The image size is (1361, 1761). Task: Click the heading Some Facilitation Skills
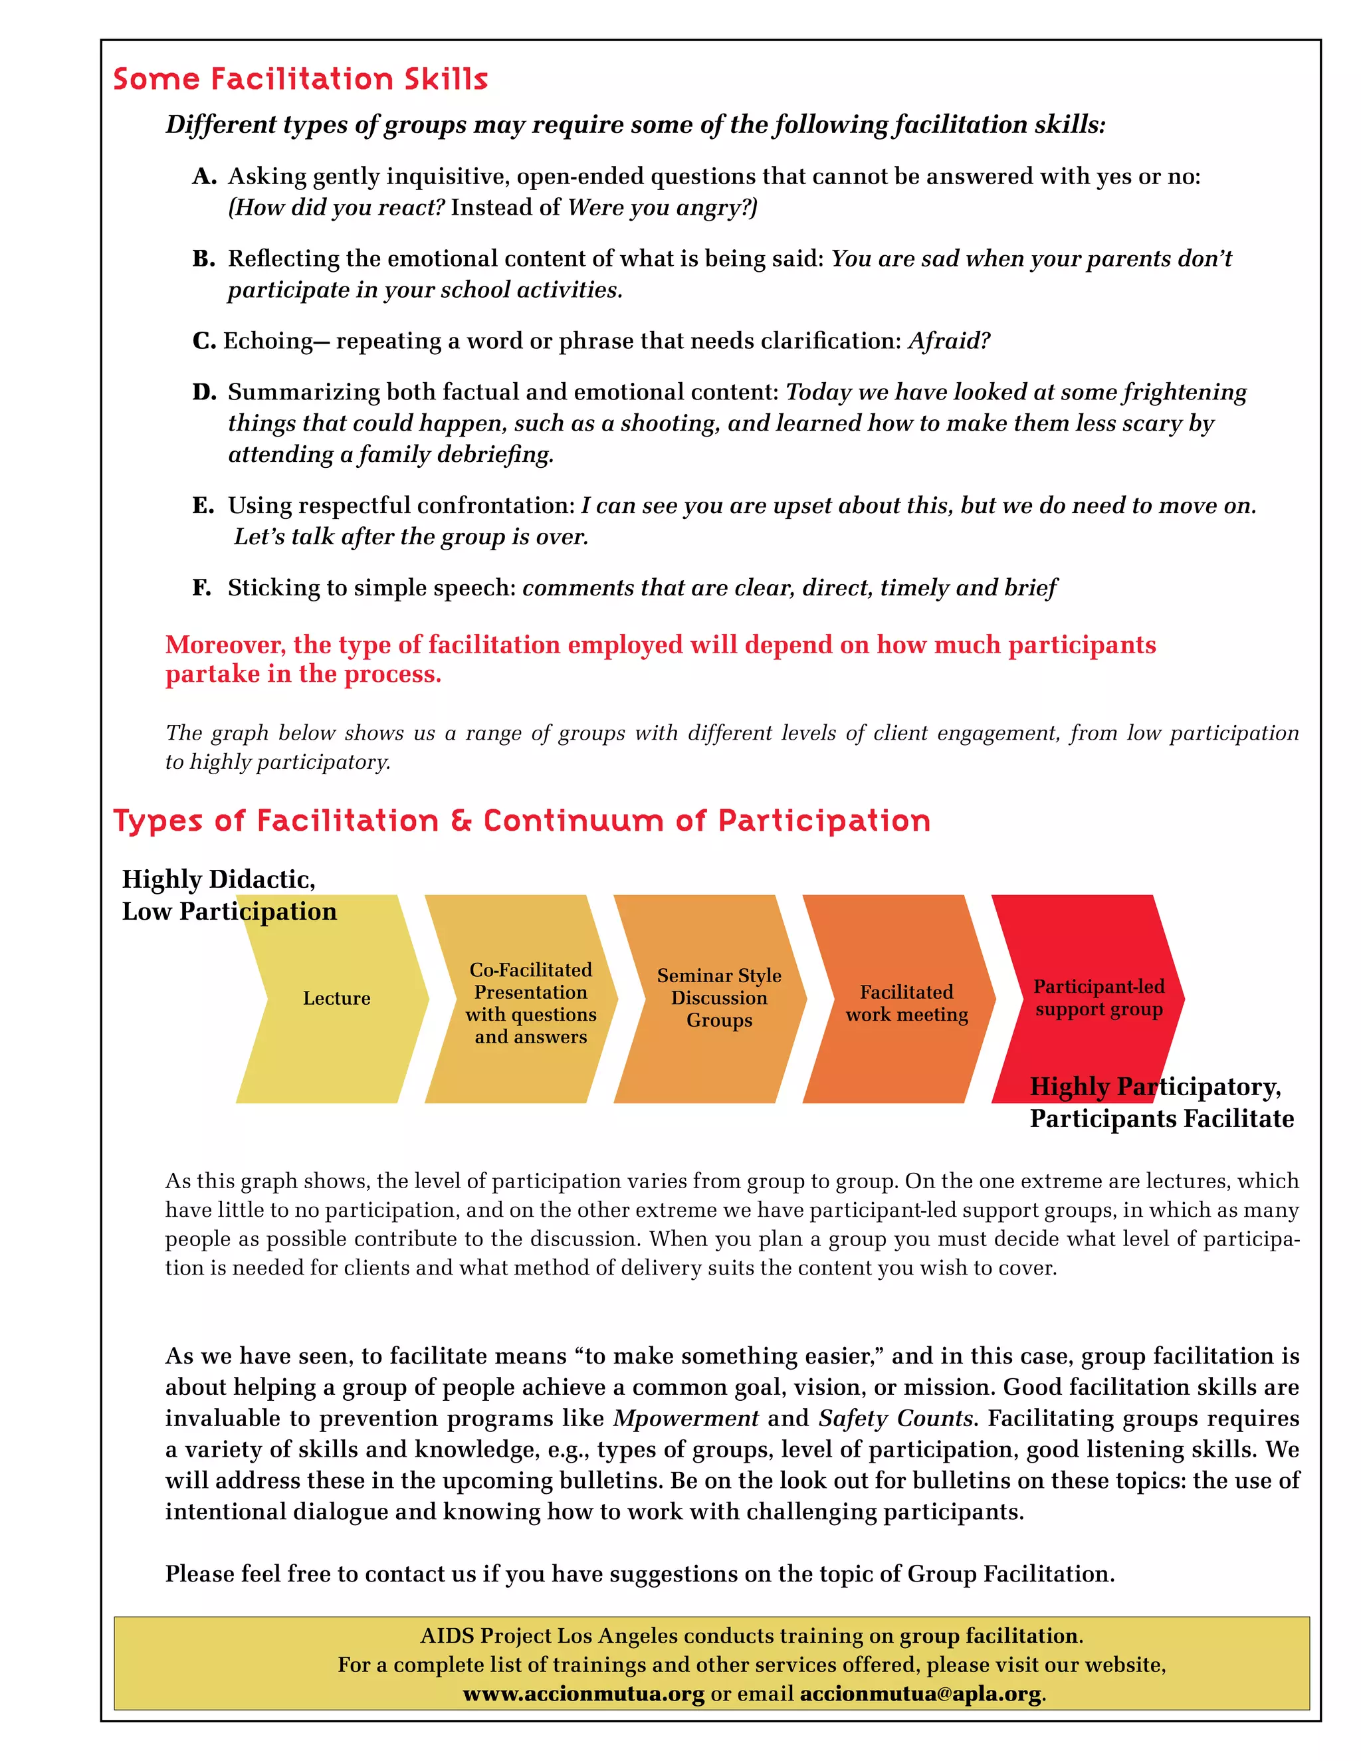tap(300, 79)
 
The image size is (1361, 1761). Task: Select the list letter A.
tap(204, 177)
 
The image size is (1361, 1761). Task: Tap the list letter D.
tap(204, 392)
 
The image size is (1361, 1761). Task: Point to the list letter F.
tap(201, 588)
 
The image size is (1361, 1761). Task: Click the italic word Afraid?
tap(949, 341)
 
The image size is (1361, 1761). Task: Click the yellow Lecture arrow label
tap(336, 998)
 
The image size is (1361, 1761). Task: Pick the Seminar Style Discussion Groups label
tap(719, 998)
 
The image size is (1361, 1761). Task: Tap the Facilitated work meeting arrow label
tap(906, 1003)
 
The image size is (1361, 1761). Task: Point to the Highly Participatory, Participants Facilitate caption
tap(1161, 1103)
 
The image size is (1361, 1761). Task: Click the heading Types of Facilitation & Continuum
tap(521, 821)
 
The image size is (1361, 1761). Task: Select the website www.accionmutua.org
tap(583, 1694)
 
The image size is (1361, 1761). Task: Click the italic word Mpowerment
tap(685, 1418)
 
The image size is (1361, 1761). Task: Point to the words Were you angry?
tap(662, 208)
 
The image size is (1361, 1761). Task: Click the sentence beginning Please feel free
tap(639, 1574)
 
